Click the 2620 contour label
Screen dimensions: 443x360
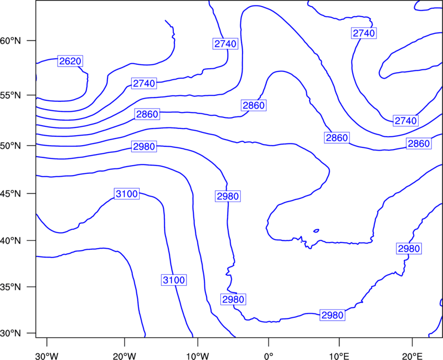(x=70, y=61)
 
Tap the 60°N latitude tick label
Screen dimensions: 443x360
(x=11, y=41)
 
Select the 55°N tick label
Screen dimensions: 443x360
(x=11, y=95)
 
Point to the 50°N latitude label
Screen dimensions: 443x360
(x=11, y=146)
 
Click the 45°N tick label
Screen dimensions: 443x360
(x=11, y=193)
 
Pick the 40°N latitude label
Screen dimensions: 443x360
(x=11, y=241)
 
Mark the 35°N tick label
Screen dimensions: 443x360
(x=11, y=287)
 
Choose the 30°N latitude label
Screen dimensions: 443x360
(x=11, y=333)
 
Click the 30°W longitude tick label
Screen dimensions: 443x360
(x=47, y=356)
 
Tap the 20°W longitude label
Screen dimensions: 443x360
(x=125, y=356)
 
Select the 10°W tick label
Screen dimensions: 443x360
(x=198, y=356)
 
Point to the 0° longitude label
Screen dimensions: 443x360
(x=269, y=356)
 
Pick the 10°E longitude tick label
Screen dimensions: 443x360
(x=339, y=356)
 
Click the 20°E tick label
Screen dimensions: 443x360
(x=412, y=356)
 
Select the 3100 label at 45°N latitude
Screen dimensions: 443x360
(x=127, y=194)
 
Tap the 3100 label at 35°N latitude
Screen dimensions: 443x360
(x=174, y=280)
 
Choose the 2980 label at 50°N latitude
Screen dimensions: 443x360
(x=144, y=147)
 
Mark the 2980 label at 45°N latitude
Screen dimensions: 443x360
(x=228, y=196)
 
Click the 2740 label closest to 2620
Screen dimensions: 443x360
(x=144, y=84)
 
